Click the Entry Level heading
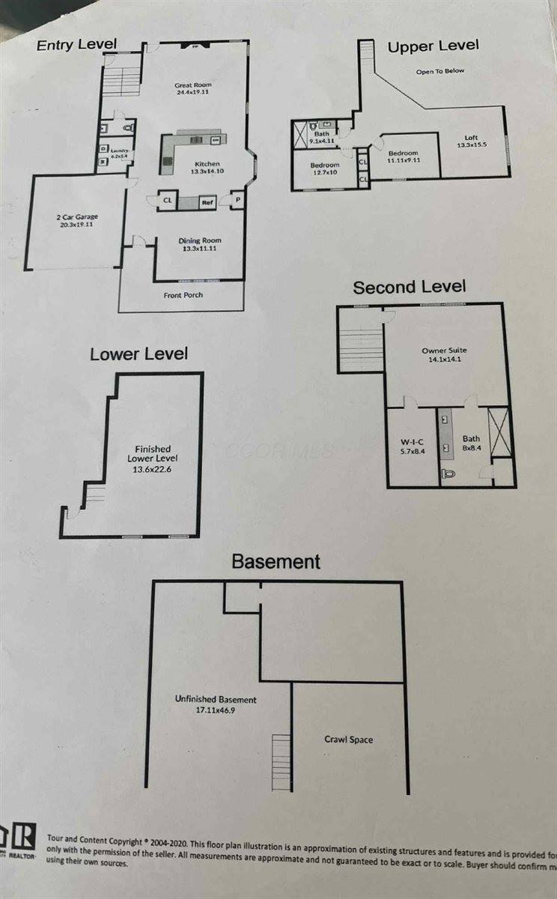[76, 45]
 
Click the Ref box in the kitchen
[207, 202]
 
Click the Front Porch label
[183, 295]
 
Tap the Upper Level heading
[433, 47]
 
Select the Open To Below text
[440, 71]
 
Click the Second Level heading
[409, 287]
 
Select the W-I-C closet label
[410, 444]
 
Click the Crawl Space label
[348, 739]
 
